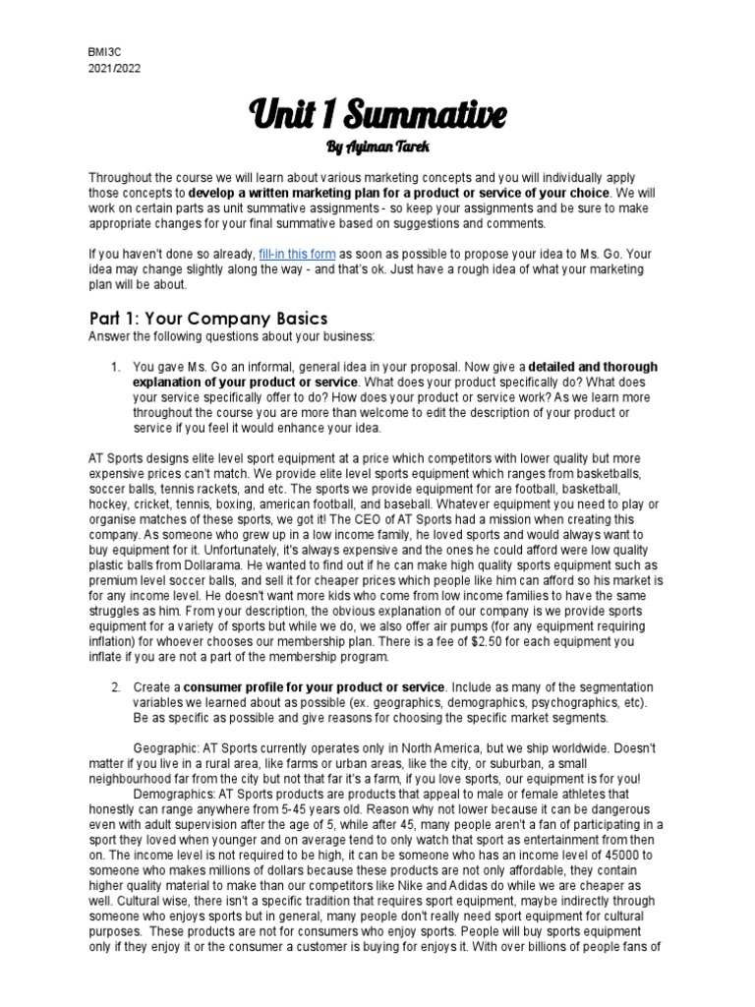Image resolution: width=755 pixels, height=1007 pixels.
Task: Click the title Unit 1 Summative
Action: (x=377, y=114)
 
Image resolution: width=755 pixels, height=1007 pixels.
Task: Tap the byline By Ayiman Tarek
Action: (x=377, y=148)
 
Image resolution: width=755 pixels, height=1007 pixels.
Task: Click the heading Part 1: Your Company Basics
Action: (x=207, y=320)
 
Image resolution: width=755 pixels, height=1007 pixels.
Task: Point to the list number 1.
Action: (x=114, y=367)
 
